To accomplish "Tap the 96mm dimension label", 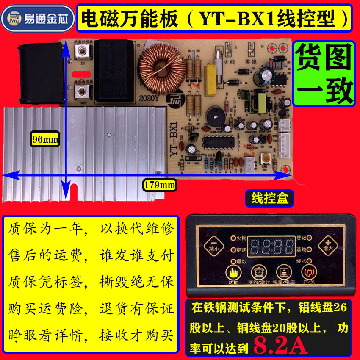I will (x=44, y=138).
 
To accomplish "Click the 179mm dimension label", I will (x=160, y=184).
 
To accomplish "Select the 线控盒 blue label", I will (x=269, y=198).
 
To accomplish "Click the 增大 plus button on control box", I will (x=327, y=244).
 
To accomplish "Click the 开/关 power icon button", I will (x=307, y=272).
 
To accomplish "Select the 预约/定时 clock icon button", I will (x=257, y=272).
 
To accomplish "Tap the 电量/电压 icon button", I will (x=282, y=272).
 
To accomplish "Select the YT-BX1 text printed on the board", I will (x=174, y=140).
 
